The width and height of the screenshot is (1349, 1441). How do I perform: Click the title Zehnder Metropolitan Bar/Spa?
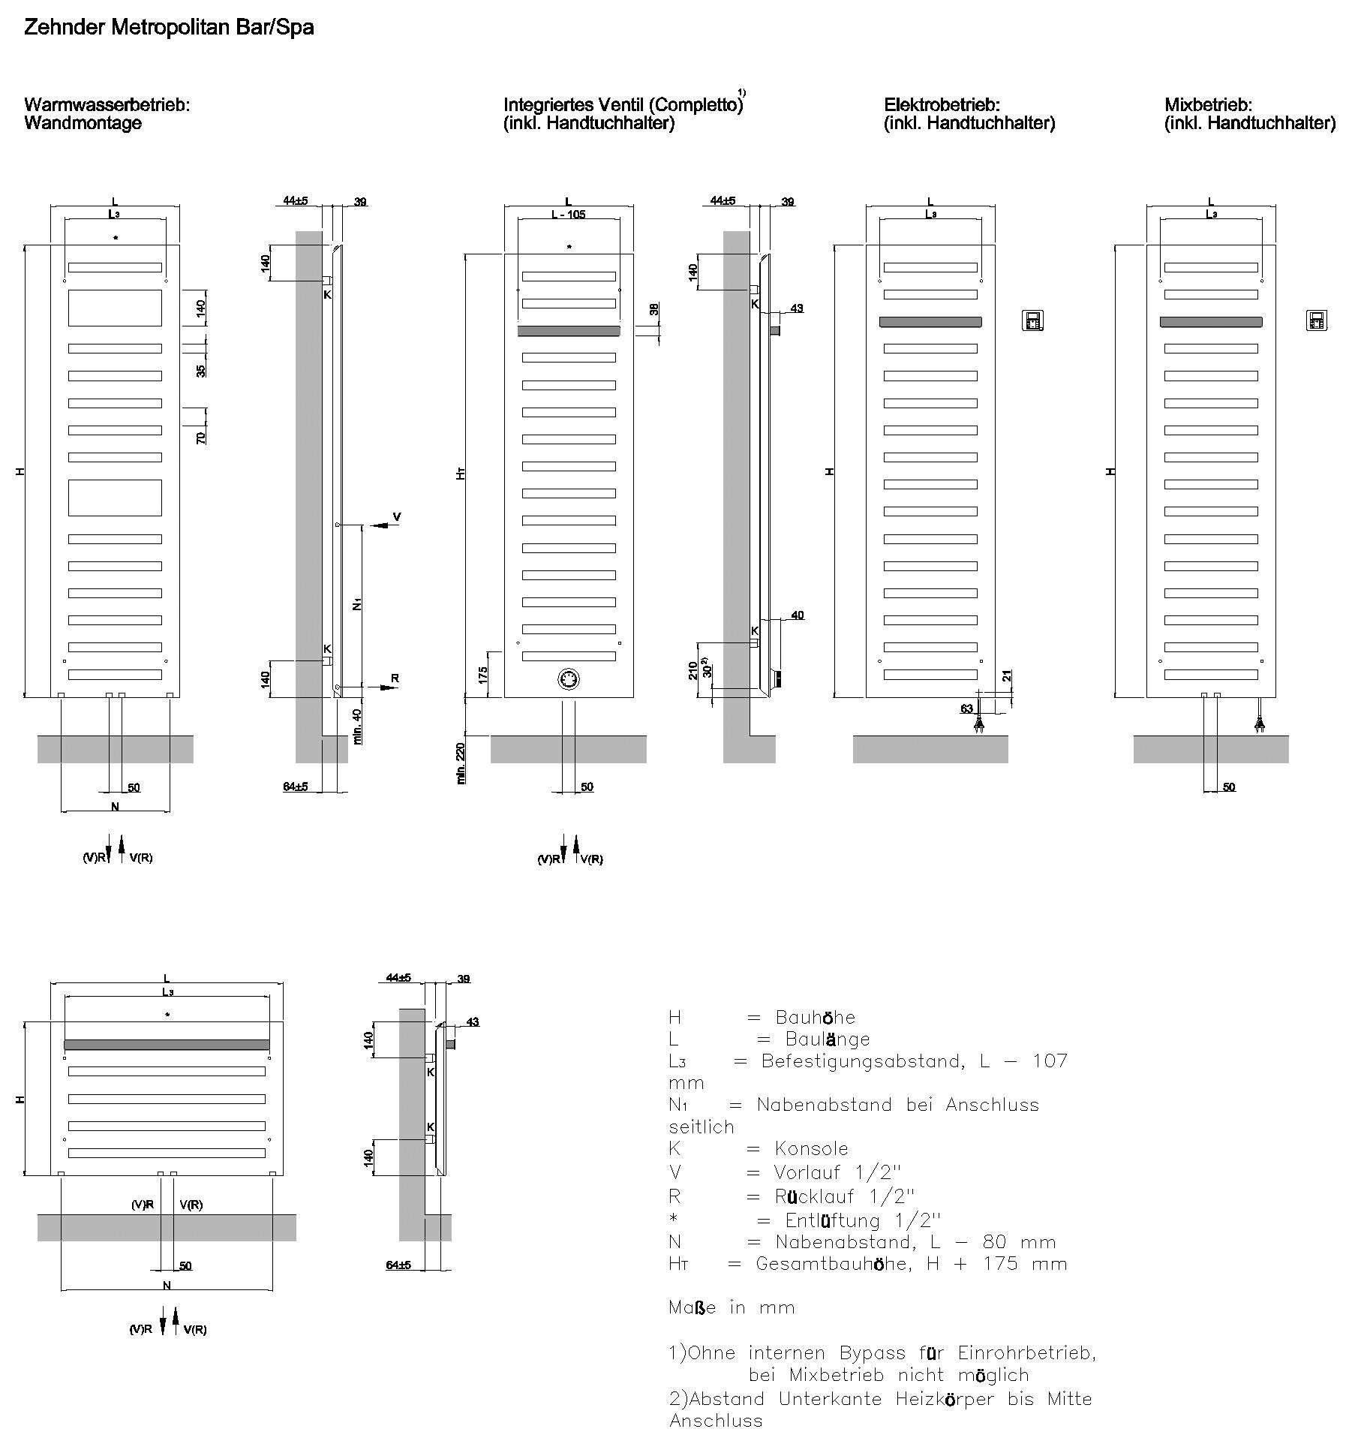(x=169, y=29)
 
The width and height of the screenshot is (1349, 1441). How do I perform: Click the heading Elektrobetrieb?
(x=942, y=105)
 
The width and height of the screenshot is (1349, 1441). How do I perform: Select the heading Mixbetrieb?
(x=1208, y=105)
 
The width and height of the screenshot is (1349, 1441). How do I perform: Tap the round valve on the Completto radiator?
(x=569, y=679)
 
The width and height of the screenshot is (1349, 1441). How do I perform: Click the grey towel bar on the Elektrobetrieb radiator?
(x=930, y=322)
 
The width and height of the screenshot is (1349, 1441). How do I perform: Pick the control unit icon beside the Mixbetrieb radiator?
(x=1316, y=320)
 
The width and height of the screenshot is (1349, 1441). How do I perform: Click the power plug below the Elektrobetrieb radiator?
(x=978, y=725)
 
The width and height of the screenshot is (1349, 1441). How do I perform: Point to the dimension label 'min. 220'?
(x=461, y=763)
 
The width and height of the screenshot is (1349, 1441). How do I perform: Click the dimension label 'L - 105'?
(x=568, y=215)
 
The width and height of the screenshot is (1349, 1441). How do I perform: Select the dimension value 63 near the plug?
(x=966, y=708)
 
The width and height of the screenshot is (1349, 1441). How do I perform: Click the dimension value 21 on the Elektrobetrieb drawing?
(x=1008, y=676)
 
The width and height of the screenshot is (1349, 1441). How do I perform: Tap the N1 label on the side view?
(x=358, y=603)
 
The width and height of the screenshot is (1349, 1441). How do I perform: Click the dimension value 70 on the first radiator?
(x=201, y=437)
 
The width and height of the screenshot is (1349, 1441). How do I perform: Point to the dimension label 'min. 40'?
(x=358, y=726)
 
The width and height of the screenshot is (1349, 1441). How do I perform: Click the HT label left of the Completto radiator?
(x=462, y=474)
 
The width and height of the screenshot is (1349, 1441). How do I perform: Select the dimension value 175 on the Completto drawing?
(x=484, y=674)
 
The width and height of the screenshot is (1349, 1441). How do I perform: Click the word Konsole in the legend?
(x=811, y=1149)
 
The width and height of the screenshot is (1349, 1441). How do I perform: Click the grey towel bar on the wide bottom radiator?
(x=167, y=1045)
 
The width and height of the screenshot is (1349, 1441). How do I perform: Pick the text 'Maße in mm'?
(x=731, y=1307)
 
